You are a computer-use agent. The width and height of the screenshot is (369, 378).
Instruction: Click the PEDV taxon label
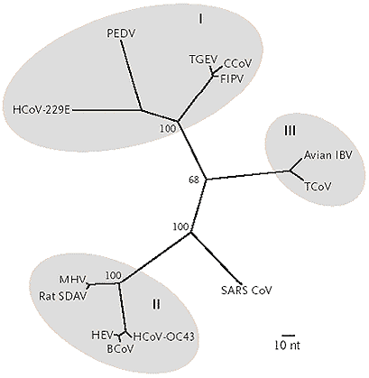pos(121,33)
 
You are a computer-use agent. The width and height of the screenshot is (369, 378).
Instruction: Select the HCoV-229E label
pos(42,110)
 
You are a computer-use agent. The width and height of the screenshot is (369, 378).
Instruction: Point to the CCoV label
pos(237,64)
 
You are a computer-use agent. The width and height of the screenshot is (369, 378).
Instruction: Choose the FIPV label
pos(232,79)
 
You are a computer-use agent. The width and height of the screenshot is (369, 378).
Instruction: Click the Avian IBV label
pos(328,155)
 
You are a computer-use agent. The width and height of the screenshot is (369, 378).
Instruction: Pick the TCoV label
pos(318,187)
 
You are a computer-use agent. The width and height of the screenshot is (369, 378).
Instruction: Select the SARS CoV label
pos(246,290)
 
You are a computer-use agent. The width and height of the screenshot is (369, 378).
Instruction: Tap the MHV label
pos(73,280)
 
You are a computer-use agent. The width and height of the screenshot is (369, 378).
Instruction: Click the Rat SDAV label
pos(63,296)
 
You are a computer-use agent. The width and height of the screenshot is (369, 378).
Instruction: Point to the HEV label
pos(102,335)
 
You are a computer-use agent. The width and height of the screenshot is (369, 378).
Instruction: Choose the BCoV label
pos(120,349)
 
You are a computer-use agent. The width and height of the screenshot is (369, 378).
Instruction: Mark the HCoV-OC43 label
pos(163,337)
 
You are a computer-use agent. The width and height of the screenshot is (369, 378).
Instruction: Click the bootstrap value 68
pos(194,180)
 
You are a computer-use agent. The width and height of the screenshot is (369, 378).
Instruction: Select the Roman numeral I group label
pos(200,19)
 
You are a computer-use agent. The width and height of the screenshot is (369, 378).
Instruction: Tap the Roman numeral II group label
pos(156,305)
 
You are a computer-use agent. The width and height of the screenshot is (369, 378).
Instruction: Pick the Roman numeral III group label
pos(290,131)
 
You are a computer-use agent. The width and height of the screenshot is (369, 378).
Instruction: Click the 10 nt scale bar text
pos(288,346)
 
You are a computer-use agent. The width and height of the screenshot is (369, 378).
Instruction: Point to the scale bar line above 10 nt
pos(288,335)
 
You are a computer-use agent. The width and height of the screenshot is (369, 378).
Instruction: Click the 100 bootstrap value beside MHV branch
pos(114,275)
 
